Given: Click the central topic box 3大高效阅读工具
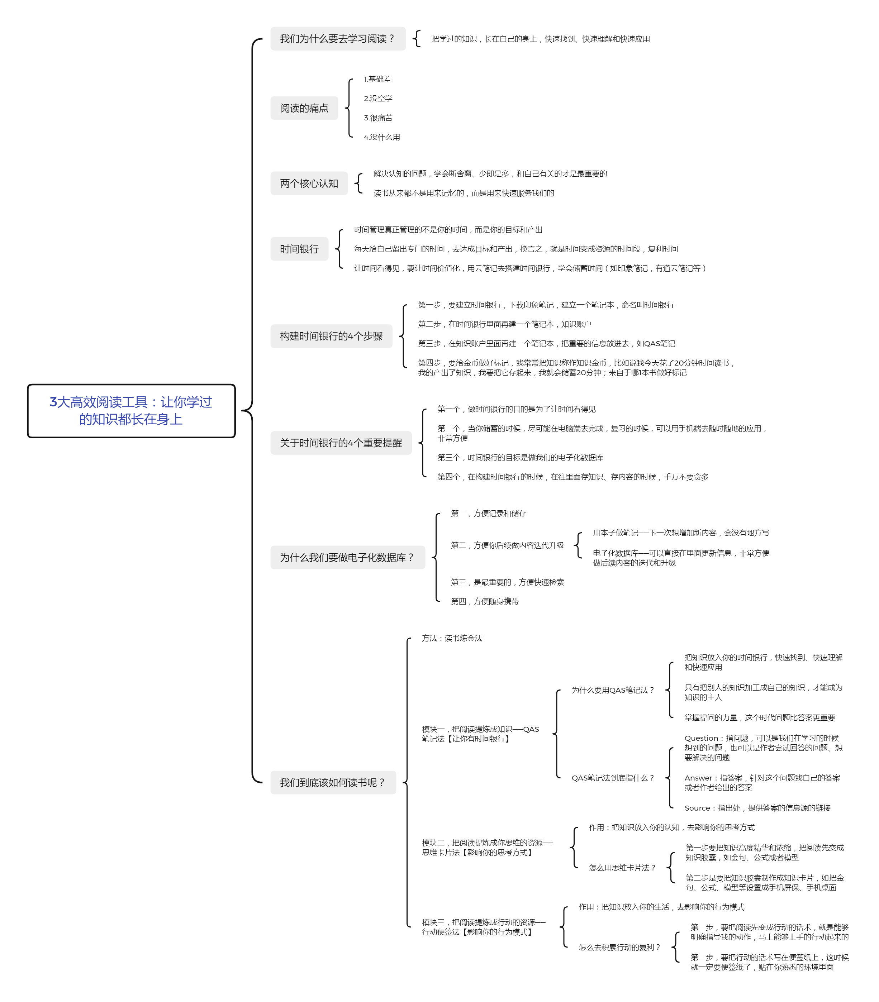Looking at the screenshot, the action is tap(131, 411).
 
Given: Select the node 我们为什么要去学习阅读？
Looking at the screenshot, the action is tap(338, 39).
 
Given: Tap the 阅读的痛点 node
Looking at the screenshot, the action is tap(304, 108).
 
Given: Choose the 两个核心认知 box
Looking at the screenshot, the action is tap(309, 183).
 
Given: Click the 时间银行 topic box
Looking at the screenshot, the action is tap(299, 249).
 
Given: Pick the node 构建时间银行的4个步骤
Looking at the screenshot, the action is tap(331, 336).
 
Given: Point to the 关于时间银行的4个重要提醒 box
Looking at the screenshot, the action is tap(341, 443).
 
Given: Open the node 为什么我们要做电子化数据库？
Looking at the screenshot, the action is tap(348, 557).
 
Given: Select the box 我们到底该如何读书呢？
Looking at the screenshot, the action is tap(333, 782).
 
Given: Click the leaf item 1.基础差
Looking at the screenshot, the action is tap(377, 79).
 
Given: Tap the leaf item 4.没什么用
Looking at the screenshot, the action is tap(381, 137).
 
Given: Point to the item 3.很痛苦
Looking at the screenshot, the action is tap(378, 118).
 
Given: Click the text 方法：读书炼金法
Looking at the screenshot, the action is tap(452, 638).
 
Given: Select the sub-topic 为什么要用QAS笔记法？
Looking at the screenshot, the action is tap(613, 690).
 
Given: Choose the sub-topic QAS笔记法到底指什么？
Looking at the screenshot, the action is tap(613, 778).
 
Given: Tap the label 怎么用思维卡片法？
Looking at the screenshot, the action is tap(622, 868).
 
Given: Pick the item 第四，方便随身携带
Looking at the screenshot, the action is tap(484, 601).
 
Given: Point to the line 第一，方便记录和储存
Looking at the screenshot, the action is tap(488, 513).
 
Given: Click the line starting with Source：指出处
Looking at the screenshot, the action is tap(757, 808).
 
